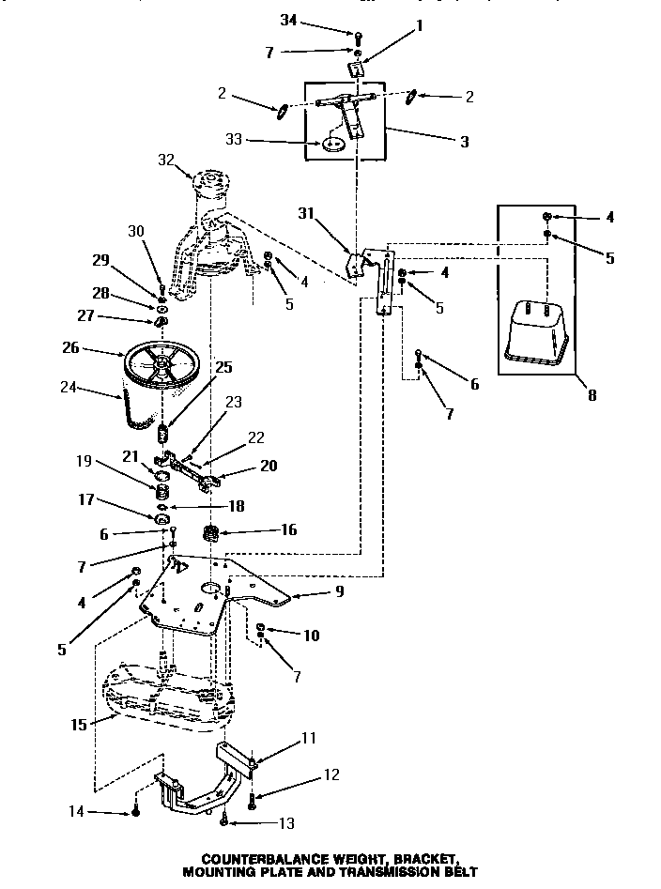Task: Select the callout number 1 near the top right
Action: point(419,26)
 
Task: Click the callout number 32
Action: point(167,160)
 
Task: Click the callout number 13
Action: point(284,823)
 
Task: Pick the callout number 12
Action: point(330,774)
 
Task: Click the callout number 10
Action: point(312,636)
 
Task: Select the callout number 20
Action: point(268,466)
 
